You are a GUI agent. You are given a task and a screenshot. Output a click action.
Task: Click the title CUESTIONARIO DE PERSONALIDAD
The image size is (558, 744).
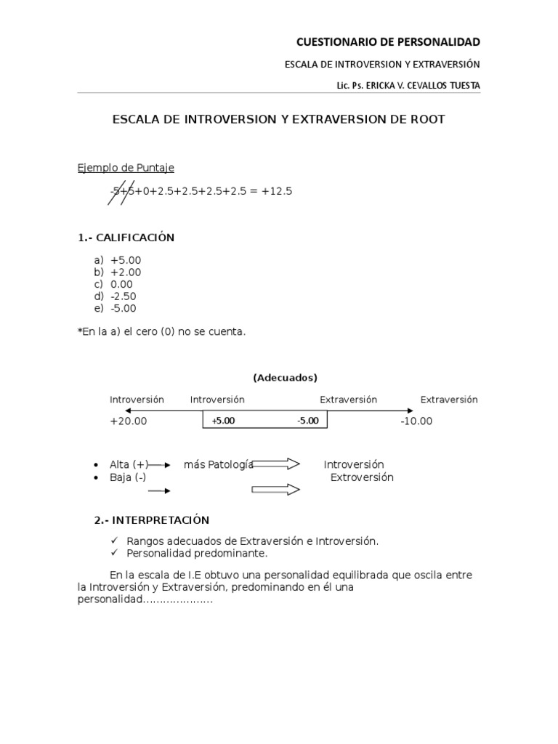point(389,42)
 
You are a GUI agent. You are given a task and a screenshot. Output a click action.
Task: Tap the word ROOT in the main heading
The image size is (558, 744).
point(427,118)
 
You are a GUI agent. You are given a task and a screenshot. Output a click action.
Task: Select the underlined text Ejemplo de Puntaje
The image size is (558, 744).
point(126,168)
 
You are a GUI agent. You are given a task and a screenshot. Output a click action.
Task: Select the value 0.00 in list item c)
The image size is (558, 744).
point(121,284)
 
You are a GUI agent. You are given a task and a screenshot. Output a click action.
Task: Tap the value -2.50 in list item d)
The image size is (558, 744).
point(124,296)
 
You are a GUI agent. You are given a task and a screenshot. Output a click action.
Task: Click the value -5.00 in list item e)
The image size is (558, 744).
point(124,308)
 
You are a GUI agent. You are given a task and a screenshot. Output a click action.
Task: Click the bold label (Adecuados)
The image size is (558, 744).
point(285,378)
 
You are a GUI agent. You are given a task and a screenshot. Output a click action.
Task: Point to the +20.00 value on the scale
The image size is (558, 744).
point(128,421)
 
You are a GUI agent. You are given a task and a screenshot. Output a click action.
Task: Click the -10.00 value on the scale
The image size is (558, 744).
point(416,421)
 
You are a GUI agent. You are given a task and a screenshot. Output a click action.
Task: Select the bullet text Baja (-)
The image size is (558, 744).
point(128,477)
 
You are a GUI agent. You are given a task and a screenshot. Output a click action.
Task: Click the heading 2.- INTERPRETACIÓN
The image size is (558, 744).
point(151,520)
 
